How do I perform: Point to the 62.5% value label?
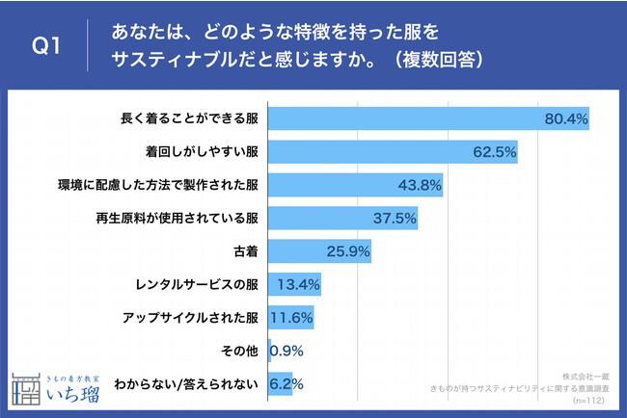click(495, 151)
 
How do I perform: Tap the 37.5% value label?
click(395, 218)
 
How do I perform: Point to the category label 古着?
click(245, 251)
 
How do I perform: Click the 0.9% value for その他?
click(287, 351)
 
